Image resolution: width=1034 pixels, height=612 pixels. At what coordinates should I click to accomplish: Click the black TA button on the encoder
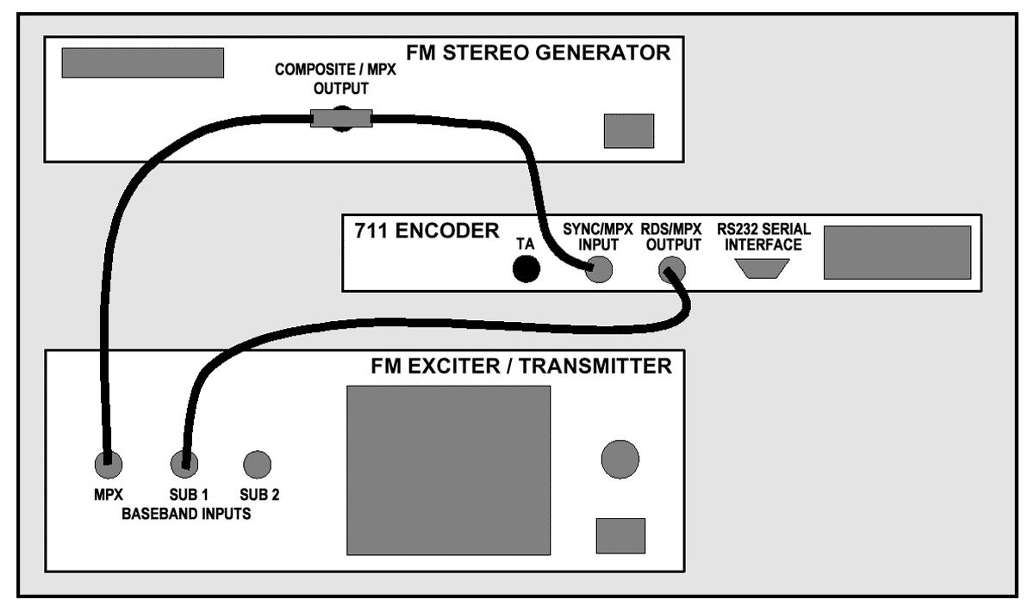tap(526, 270)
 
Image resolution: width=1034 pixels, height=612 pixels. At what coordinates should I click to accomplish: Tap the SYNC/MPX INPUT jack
tap(600, 271)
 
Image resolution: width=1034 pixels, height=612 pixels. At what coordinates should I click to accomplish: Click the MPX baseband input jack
tap(108, 465)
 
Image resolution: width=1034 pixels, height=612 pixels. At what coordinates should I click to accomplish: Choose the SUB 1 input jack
tap(182, 465)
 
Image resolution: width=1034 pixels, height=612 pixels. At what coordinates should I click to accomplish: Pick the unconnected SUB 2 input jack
tap(256, 465)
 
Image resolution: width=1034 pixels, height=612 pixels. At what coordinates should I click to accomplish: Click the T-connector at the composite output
tap(341, 117)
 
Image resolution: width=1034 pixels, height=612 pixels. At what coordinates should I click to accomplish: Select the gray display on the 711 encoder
tap(897, 252)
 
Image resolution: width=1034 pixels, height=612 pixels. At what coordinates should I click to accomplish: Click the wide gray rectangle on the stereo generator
tap(143, 63)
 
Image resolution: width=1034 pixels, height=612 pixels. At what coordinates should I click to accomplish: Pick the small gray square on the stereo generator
tap(628, 130)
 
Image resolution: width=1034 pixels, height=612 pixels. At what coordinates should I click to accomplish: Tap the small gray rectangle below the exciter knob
tap(621, 535)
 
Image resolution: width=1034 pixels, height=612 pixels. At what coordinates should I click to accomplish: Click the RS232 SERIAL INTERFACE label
tap(759, 237)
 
